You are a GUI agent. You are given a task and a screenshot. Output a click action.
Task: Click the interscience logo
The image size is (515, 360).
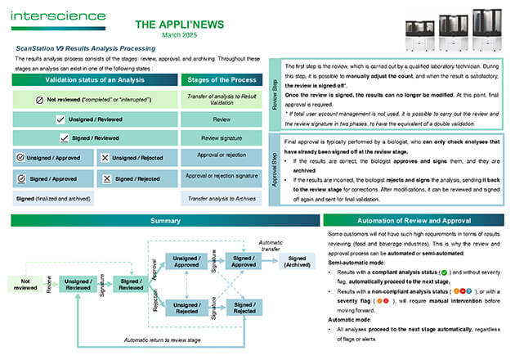click(x=59, y=15)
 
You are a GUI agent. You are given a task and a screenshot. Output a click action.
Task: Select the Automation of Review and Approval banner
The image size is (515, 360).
click(x=414, y=221)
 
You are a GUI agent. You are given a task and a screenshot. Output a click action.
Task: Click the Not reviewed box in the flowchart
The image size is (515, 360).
click(x=23, y=283)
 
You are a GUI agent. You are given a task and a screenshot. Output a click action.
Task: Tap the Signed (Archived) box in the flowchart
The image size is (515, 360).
click(x=297, y=261)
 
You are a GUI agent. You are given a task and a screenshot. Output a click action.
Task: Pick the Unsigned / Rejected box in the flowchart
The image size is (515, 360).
click(x=186, y=307)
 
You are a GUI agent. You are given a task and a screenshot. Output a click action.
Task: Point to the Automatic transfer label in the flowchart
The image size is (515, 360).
click(x=272, y=244)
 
